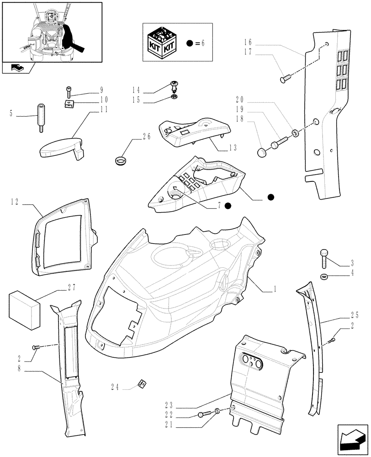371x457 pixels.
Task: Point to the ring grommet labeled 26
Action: [121, 160]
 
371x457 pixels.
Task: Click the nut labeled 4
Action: [324, 276]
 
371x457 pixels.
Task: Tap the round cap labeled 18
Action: [262, 152]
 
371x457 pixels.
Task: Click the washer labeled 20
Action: [295, 133]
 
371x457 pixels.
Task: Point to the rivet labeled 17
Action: [284, 80]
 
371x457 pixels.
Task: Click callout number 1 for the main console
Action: [274, 289]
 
